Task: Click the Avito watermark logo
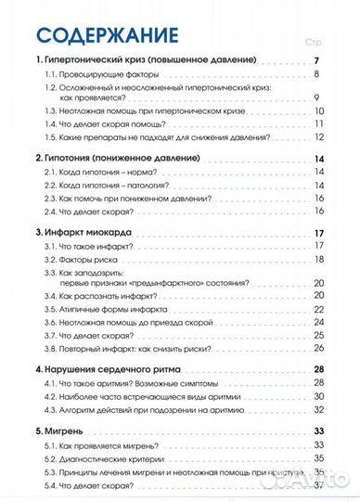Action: click(316, 479)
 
